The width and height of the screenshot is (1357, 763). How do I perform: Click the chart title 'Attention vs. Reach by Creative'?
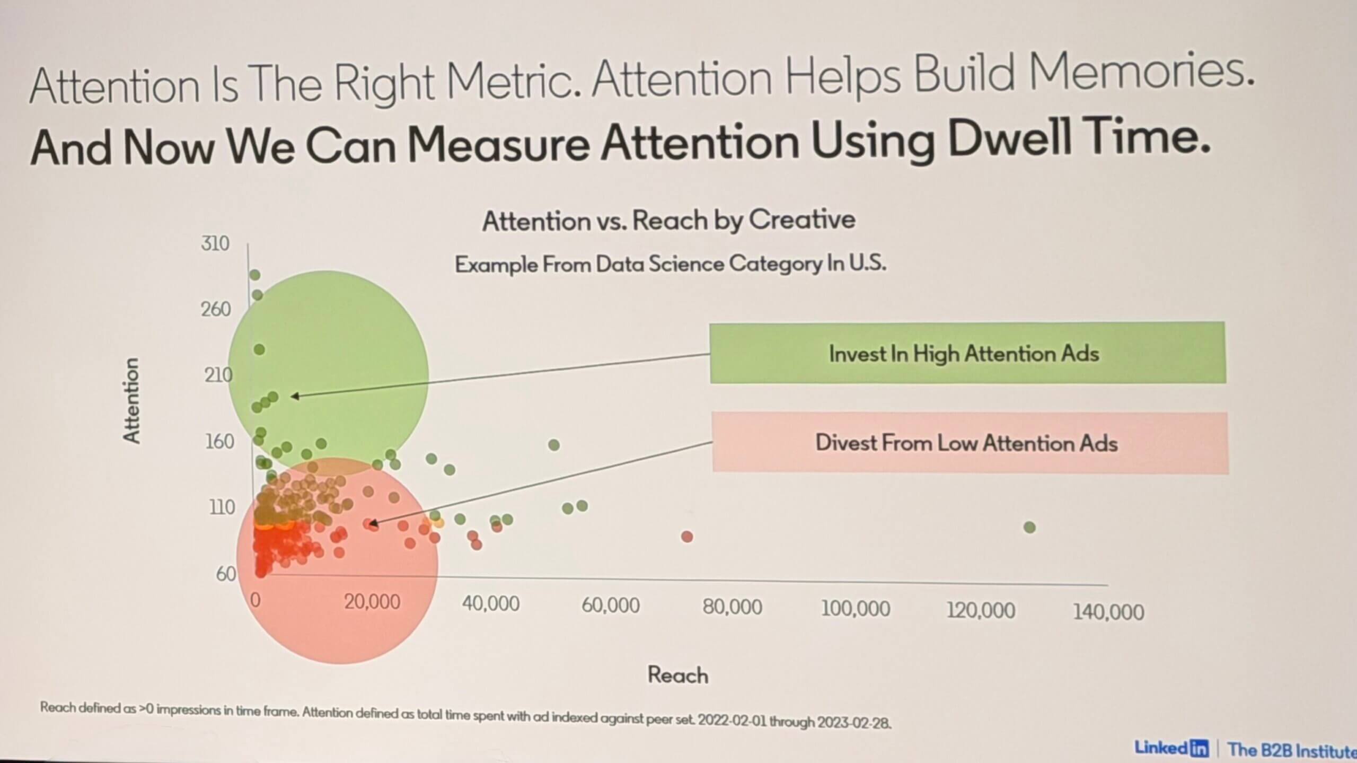point(668,221)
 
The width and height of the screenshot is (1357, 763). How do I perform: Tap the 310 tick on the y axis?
point(215,244)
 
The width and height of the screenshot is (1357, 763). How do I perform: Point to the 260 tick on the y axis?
point(216,309)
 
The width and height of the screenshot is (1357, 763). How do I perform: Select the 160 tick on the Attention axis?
point(219,441)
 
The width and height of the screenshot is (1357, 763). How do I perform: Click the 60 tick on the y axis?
point(226,574)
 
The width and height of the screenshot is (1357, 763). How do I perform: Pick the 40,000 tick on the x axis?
point(491,604)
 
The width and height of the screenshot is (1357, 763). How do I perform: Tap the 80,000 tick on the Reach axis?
point(733,607)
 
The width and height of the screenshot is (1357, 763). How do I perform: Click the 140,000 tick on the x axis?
point(1108,612)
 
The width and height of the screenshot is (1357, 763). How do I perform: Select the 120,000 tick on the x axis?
point(981,611)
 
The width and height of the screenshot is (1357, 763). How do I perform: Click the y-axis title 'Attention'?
point(131,400)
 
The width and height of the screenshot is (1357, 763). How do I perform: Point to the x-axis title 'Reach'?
point(678,676)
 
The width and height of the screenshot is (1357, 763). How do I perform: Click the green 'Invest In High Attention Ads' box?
point(967,353)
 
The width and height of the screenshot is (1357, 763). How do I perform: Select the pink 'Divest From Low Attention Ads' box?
point(970,443)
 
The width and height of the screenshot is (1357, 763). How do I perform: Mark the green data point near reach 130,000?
point(1029,528)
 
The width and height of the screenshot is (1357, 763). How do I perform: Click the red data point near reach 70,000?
point(687,537)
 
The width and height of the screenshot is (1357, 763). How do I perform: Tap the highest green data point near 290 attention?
point(255,275)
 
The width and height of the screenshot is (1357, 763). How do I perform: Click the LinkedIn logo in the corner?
point(1171,748)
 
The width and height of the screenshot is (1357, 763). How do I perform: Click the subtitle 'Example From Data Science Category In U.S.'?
point(671,264)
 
